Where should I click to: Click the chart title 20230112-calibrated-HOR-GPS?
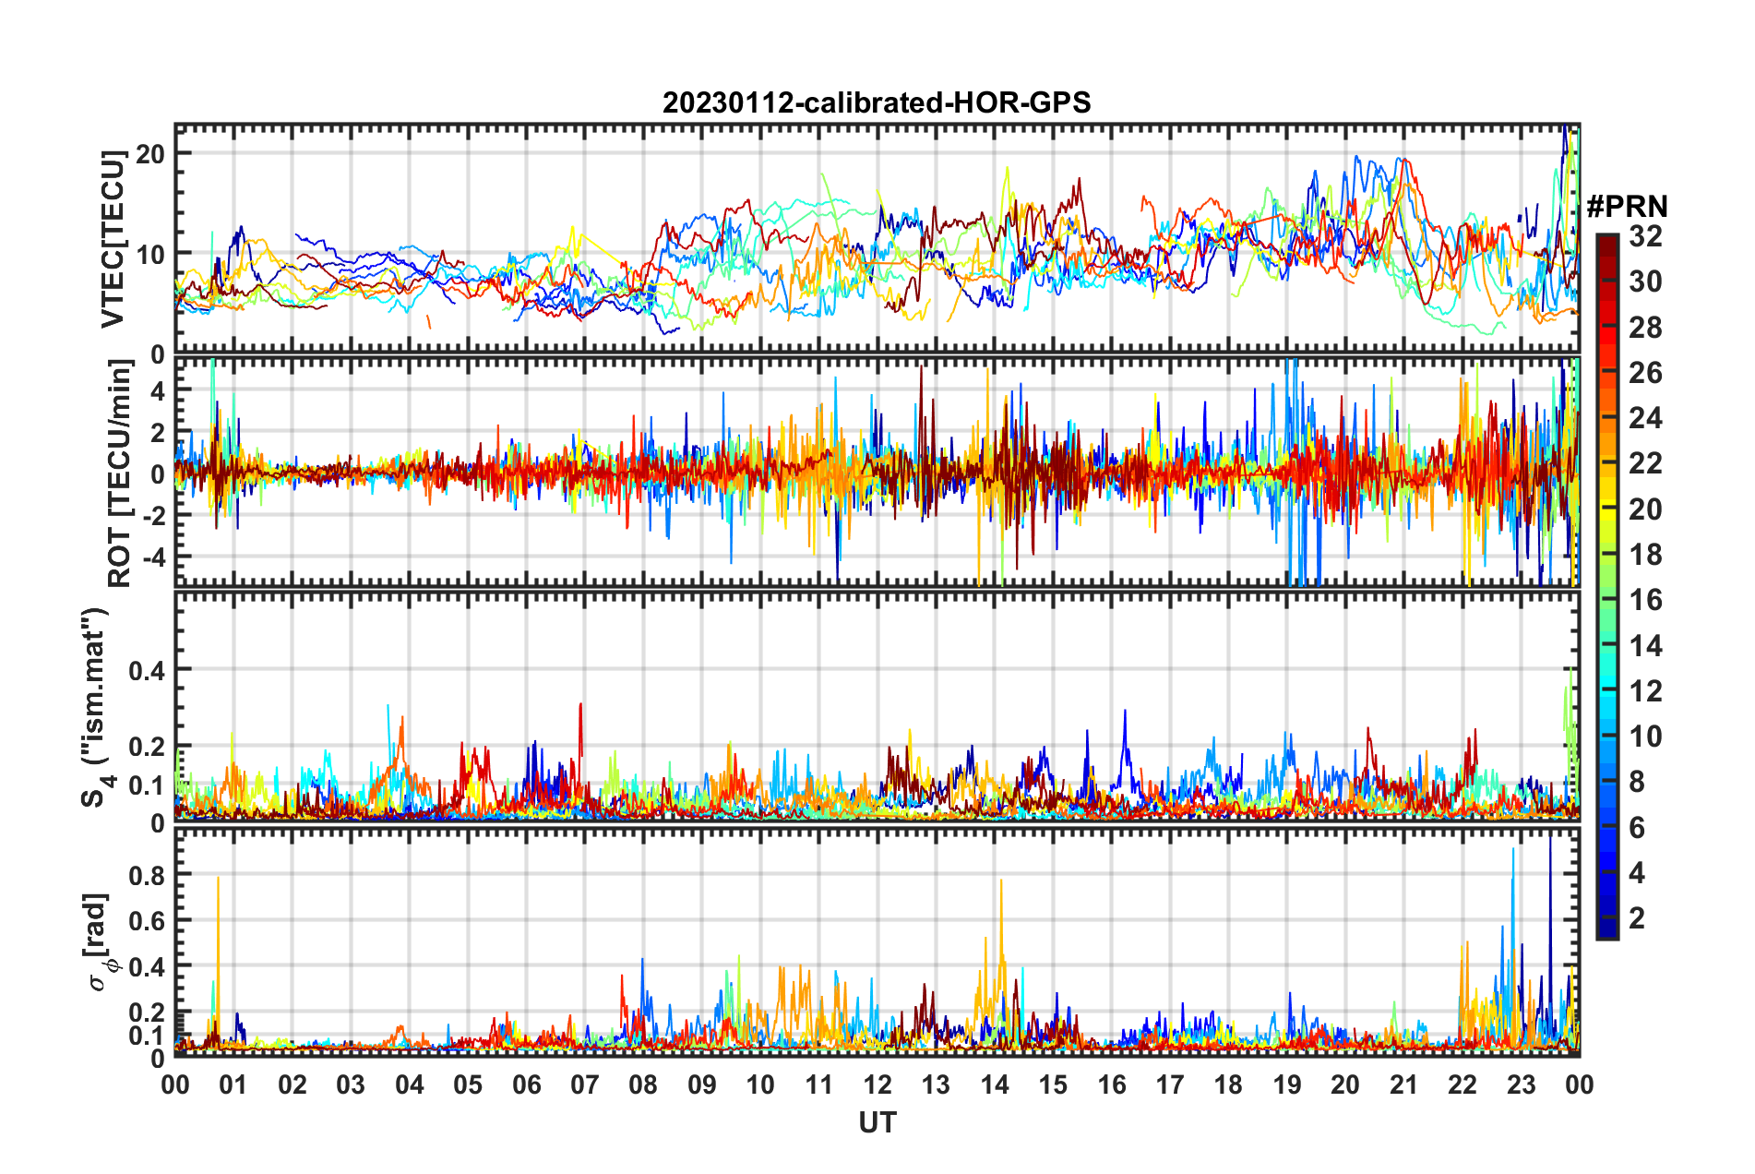point(877,102)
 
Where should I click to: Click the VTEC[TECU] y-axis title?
point(113,239)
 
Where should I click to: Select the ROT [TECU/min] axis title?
point(120,473)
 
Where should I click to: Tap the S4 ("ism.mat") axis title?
point(95,707)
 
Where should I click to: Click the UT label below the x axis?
point(877,1122)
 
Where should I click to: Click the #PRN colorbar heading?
point(1627,207)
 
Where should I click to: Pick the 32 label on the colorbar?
point(1645,236)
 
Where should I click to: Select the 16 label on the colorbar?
point(1645,600)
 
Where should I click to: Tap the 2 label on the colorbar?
point(1638,917)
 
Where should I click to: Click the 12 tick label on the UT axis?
point(877,1084)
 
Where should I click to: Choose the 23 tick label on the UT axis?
point(1521,1084)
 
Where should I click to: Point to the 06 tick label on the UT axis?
point(526,1084)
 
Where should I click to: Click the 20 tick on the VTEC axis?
point(150,154)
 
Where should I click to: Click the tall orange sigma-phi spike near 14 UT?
point(1001,882)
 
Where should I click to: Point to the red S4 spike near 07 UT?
point(580,706)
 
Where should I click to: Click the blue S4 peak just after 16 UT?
point(1125,713)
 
